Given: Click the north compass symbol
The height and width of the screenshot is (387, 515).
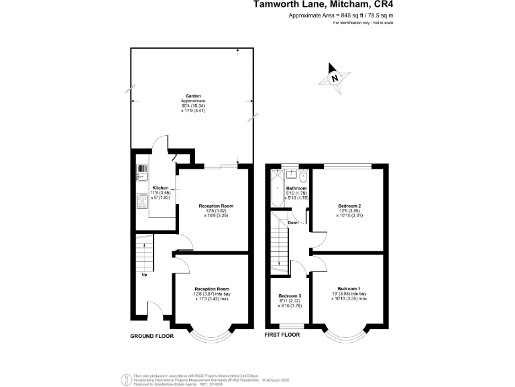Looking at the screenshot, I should point(333,76).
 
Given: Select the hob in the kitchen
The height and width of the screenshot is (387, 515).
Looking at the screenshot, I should point(142,200).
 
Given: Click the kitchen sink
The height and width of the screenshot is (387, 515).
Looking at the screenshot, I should point(142,172).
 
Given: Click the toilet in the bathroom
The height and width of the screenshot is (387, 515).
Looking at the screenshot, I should point(303,177).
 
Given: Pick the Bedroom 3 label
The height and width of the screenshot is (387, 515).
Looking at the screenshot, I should point(290,296).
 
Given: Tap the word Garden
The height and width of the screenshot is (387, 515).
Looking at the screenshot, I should point(193,96).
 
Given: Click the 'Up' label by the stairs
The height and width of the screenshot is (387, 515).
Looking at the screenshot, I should point(144,274).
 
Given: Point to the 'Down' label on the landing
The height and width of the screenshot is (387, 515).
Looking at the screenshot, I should point(294,222).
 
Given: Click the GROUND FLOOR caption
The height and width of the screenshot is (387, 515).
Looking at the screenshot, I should point(152,335).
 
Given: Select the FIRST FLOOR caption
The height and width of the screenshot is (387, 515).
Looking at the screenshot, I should point(281,335).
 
